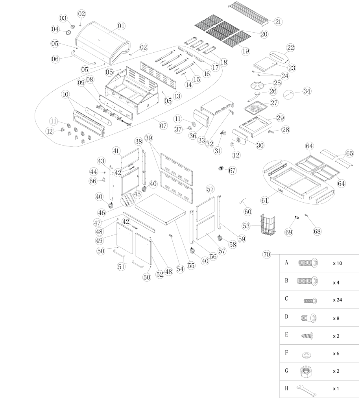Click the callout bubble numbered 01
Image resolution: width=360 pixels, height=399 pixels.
120,26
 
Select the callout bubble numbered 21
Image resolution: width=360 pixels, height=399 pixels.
278,22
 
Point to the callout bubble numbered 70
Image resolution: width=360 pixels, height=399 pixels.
267,255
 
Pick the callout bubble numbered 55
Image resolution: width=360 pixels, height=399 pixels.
191,265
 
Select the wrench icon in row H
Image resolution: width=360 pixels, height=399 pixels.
306,389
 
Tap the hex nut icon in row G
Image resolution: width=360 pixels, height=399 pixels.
306,370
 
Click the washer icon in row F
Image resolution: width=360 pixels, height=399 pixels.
306,354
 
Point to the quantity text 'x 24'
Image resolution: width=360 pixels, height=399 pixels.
337,300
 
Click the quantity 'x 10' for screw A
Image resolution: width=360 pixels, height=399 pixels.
337,263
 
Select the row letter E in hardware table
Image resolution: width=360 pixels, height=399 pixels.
286,335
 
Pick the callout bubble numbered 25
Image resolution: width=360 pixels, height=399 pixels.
277,83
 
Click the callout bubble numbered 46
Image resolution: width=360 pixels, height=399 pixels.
102,212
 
